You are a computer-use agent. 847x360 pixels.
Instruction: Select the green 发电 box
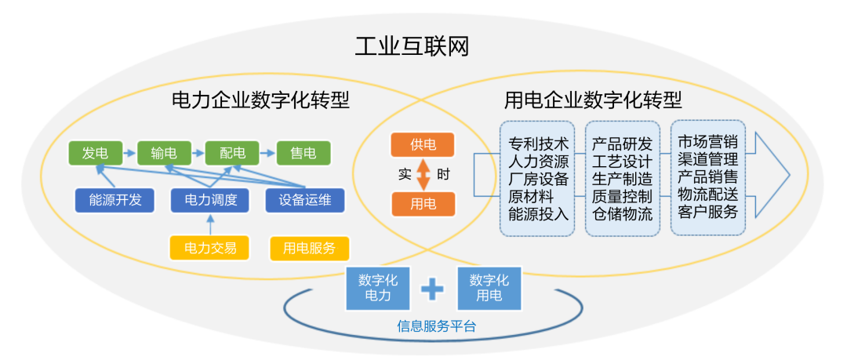pos(95,152)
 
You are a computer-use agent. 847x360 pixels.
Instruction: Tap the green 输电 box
pos(164,152)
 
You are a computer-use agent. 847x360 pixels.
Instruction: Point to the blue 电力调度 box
pos(210,201)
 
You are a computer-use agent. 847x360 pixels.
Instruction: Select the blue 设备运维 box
pos(304,201)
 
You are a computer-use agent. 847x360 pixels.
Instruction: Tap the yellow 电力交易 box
pos(210,249)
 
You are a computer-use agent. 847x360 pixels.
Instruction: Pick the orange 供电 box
pos(422,144)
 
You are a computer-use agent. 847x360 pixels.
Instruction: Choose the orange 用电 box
pos(422,205)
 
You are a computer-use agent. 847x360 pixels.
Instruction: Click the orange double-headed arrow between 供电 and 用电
pos(423,175)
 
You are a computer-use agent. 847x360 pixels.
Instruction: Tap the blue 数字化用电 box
pos(489,287)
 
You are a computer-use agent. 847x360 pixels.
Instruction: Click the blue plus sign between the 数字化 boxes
pos(433,289)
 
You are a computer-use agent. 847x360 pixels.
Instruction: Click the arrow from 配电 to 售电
pos(266,152)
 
